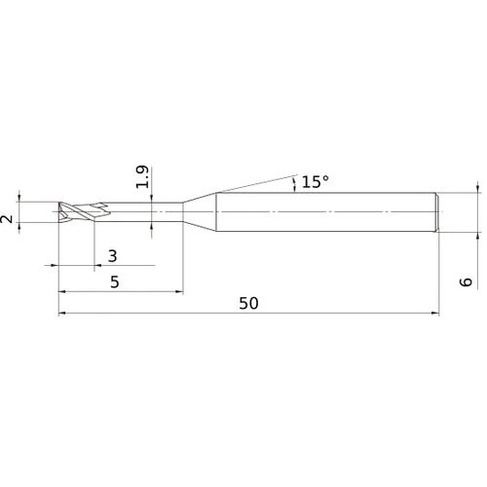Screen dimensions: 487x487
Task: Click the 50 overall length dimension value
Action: [248, 303]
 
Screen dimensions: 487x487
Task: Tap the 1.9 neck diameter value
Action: [143, 177]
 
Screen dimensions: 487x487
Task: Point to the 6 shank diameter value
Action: [466, 281]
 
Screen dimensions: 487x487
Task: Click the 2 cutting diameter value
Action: [9, 220]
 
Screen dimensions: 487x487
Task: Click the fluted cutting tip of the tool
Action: [76, 212]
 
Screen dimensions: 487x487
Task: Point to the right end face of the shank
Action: [437, 212]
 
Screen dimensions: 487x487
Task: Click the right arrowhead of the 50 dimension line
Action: [433, 314]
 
